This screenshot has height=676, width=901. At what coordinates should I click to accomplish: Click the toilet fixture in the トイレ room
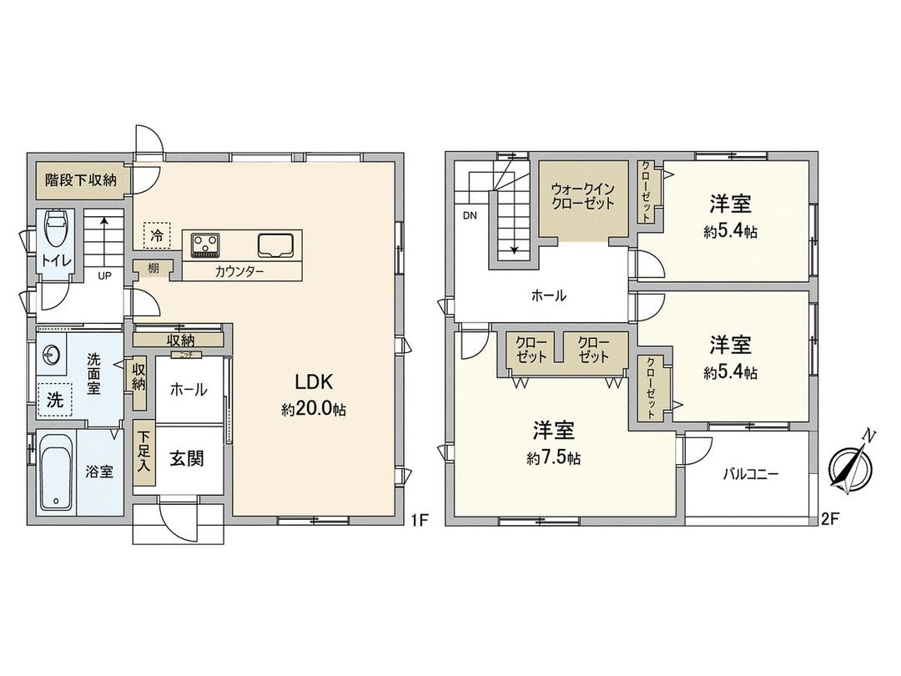pyautogui.click(x=57, y=228)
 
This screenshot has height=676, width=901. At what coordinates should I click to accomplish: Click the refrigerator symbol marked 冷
pyautogui.click(x=156, y=235)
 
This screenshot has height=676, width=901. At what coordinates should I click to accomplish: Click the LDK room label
pyautogui.click(x=314, y=382)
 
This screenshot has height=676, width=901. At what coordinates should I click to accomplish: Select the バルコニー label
pyautogui.click(x=750, y=474)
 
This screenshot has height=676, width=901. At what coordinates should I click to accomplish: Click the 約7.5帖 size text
pyautogui.click(x=554, y=458)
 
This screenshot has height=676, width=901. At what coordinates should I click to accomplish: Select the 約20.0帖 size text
pyautogui.click(x=314, y=409)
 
